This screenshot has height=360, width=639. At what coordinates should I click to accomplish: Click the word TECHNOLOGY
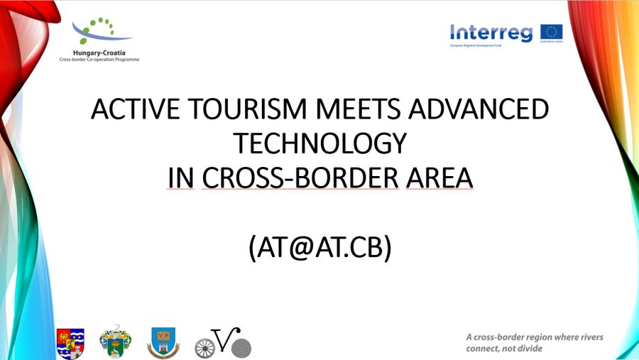(x=320, y=143)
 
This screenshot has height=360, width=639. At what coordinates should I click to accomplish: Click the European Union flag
(x=552, y=33)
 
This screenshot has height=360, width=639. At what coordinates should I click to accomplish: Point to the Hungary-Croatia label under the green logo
(x=99, y=53)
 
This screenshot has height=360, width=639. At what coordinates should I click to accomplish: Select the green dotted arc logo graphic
(x=99, y=31)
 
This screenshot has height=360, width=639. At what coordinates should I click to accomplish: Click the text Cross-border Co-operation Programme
(x=99, y=60)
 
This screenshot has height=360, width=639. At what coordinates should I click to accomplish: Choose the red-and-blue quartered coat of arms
(x=70, y=343)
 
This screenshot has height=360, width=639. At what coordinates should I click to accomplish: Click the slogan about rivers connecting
(x=534, y=342)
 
